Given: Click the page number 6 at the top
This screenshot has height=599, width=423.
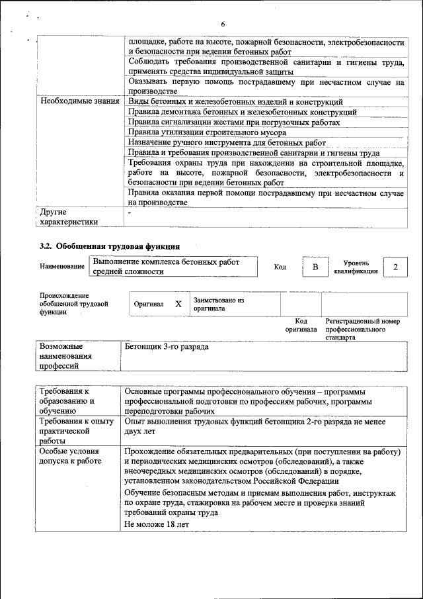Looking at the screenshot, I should click(x=223, y=24).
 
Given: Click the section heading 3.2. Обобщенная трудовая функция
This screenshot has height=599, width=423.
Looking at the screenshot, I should click(x=109, y=246).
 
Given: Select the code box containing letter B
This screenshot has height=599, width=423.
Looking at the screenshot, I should click(x=315, y=267).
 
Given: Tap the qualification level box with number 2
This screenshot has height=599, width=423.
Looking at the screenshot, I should click(x=395, y=267).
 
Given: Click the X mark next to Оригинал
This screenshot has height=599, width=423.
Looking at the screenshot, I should click(x=178, y=304).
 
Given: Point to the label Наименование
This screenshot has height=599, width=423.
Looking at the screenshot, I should click(x=62, y=266).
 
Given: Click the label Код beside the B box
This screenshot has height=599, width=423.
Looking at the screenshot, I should click(x=280, y=267).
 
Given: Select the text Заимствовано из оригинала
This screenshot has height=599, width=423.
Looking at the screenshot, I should click(x=219, y=304).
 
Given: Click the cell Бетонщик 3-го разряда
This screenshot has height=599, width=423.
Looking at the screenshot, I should click(x=167, y=347).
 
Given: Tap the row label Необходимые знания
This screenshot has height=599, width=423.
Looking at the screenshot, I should click(x=79, y=102).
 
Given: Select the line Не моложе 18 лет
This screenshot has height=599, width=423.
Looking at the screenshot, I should click(x=157, y=524).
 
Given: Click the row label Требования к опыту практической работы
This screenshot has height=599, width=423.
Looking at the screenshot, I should click(x=72, y=431).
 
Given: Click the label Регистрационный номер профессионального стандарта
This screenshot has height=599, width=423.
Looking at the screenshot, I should click(x=362, y=329).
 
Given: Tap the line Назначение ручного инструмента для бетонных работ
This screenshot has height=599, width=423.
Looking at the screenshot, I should click(x=227, y=142).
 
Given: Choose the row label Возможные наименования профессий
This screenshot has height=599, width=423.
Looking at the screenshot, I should click(x=65, y=356).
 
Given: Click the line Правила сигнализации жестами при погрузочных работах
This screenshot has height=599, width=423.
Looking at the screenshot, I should click(x=234, y=122).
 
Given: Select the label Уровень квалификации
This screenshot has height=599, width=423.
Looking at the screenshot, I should click(x=356, y=267).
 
